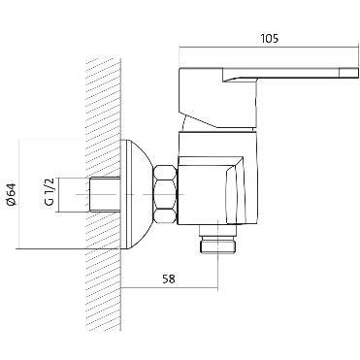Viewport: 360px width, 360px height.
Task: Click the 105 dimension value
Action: (269, 38)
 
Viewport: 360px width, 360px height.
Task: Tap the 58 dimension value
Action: (169, 278)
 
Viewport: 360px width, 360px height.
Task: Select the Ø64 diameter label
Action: (12, 194)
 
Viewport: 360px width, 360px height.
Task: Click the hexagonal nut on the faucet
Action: (165, 194)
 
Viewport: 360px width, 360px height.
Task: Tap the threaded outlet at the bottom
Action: (218, 244)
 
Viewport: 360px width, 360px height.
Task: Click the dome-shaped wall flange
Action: (138, 194)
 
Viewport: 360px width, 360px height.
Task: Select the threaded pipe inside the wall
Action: (104, 194)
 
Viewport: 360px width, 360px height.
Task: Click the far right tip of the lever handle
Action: (359, 73)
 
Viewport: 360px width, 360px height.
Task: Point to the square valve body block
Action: (210, 191)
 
